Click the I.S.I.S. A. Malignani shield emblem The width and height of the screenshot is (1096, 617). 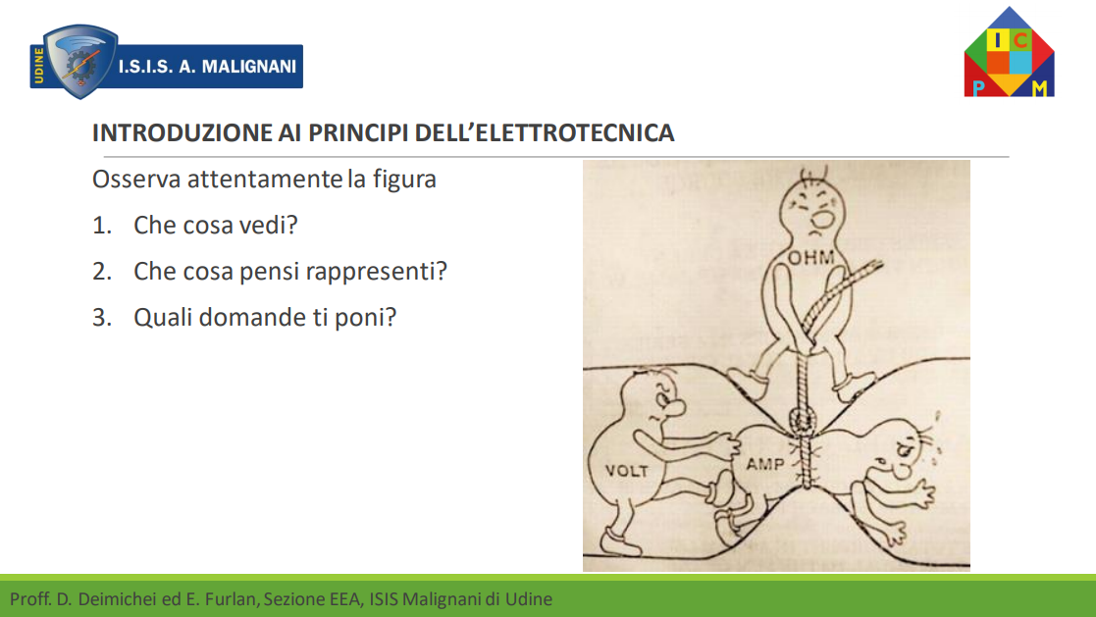tap(78, 62)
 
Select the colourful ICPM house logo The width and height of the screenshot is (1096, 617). tap(1009, 52)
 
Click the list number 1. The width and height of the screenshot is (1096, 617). tap(101, 226)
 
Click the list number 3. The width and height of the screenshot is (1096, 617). tap(101, 318)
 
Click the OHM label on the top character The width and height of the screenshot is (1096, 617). tap(810, 259)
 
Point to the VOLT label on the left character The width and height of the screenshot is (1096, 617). tap(627, 471)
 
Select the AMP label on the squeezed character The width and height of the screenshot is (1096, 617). tap(764, 463)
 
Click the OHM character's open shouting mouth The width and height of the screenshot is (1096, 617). tap(822, 219)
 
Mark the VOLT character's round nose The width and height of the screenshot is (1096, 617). tap(674, 409)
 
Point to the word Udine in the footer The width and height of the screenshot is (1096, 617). tap(529, 599)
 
